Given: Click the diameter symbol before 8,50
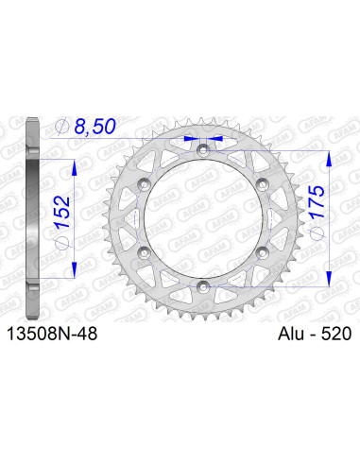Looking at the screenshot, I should point(62,126).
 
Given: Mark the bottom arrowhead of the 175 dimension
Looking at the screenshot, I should point(327,274).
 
